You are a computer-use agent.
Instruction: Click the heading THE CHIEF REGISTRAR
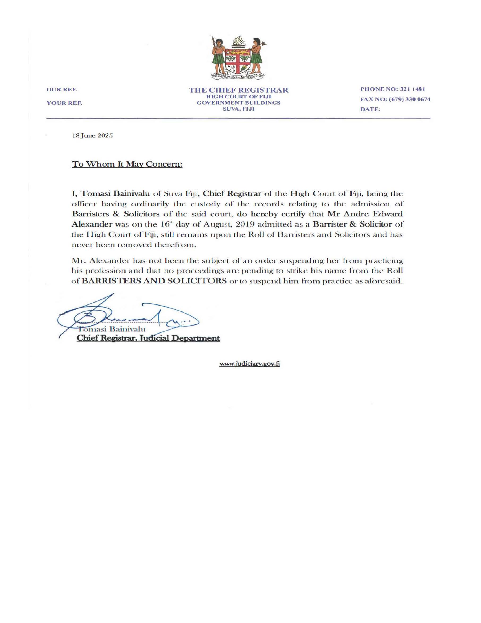pyautogui.click(x=239, y=90)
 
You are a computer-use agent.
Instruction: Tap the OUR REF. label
pyautogui.click(x=62, y=90)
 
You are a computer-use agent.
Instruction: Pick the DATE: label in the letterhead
pyautogui.click(x=371, y=110)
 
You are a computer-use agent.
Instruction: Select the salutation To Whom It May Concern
pyautogui.click(x=127, y=165)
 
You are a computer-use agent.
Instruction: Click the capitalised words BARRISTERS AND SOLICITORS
pyautogui.click(x=154, y=281)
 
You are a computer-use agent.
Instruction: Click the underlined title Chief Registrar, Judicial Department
pyautogui.click(x=148, y=338)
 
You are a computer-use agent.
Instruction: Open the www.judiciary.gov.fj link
pyautogui.click(x=249, y=364)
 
